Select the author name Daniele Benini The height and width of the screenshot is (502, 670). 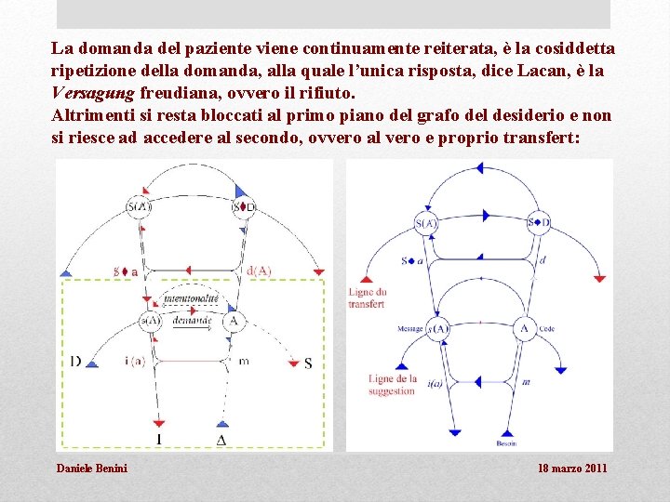(92, 468)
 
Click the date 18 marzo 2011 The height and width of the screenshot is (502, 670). (572, 468)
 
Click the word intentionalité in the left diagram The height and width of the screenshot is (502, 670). (191, 297)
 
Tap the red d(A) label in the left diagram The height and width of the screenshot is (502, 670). (259, 271)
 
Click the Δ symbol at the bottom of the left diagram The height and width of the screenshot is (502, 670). (221, 439)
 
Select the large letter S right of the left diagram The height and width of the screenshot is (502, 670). (308, 363)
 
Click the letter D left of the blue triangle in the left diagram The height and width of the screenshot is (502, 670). (74, 361)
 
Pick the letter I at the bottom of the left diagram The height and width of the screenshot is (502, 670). (158, 439)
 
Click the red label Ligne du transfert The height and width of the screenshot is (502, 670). (366, 297)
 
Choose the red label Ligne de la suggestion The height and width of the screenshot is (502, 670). (392, 385)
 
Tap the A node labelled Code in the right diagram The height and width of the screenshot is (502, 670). (524, 328)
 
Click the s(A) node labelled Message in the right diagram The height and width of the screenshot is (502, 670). (439, 328)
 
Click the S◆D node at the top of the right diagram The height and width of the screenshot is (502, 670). (539, 222)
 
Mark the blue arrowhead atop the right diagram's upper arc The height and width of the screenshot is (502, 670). (480, 168)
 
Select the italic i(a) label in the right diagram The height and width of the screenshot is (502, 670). (435, 384)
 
